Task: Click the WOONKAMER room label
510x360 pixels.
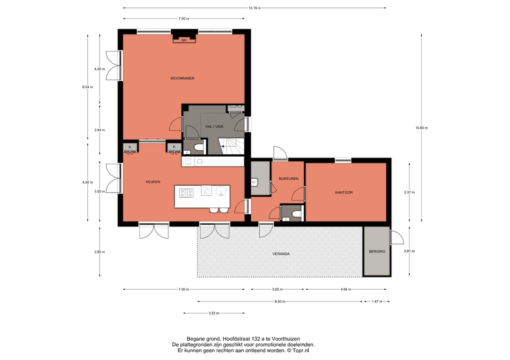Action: coord(182,78)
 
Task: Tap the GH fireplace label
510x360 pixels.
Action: coord(184,40)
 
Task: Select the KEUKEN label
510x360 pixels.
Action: coord(153,182)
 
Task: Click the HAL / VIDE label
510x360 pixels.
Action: coord(214,126)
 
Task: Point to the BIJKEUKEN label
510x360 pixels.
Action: coord(289,179)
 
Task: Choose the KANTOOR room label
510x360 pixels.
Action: coord(344,193)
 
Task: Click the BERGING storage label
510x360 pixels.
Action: coord(377,251)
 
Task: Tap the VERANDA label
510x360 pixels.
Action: coord(281,254)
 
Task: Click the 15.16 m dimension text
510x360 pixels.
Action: coord(255,8)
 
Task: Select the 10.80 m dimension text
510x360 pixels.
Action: coord(422,128)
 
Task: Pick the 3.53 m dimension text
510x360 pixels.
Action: coord(214,313)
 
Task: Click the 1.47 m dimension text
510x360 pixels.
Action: coord(377,301)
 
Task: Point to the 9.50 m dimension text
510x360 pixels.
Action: coord(280,301)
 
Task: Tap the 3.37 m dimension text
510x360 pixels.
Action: coord(409,193)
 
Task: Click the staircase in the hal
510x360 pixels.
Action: coord(231,146)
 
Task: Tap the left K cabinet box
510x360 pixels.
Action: coord(130,147)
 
